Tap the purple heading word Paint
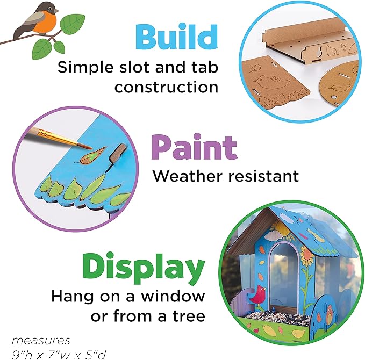click(x=195, y=148)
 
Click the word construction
click(x=166, y=87)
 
